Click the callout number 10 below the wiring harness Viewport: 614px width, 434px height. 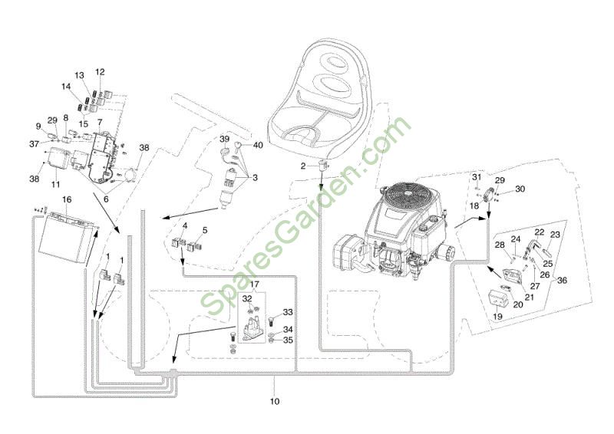pos(275,401)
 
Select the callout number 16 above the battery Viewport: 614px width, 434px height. pos(67,199)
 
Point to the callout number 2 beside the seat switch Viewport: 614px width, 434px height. pos(303,166)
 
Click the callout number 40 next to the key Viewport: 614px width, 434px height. pos(258,145)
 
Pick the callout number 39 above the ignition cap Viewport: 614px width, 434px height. pos(224,139)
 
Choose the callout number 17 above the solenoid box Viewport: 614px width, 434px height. pos(255,284)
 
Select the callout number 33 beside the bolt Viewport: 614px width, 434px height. pos(288,312)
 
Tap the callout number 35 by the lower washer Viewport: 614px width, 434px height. pos(288,340)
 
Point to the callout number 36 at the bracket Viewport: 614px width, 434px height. pos(562,281)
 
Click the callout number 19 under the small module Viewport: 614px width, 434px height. pos(497,316)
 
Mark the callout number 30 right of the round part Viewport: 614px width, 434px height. pos(520,189)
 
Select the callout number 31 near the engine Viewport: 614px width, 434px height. pos(476,177)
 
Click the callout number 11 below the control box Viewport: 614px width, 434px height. pos(55,184)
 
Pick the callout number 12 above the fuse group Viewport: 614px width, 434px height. pos(100,72)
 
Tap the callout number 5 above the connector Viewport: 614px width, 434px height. pos(205,231)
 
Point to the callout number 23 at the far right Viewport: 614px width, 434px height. pos(555,235)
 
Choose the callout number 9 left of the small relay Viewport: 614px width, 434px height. pos(38,126)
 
